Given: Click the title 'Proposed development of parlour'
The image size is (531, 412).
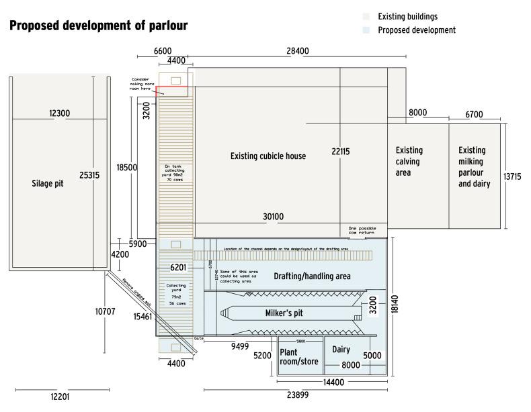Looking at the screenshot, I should [x=98, y=26].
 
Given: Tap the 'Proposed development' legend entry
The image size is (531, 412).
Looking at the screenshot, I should [x=417, y=30].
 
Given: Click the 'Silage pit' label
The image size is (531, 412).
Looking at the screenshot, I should [x=48, y=183].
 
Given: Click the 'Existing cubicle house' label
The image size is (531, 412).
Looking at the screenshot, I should [x=268, y=156].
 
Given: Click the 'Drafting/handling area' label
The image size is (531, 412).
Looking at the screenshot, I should [x=312, y=276].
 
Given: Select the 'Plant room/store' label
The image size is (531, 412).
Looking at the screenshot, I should [x=299, y=356].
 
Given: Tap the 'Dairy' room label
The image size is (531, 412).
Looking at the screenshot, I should [x=341, y=350].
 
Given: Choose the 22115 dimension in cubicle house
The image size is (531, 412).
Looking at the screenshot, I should [x=341, y=152].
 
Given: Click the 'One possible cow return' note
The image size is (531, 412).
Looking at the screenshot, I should [x=362, y=231].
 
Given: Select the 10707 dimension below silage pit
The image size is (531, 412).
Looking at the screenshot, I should [x=106, y=311].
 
